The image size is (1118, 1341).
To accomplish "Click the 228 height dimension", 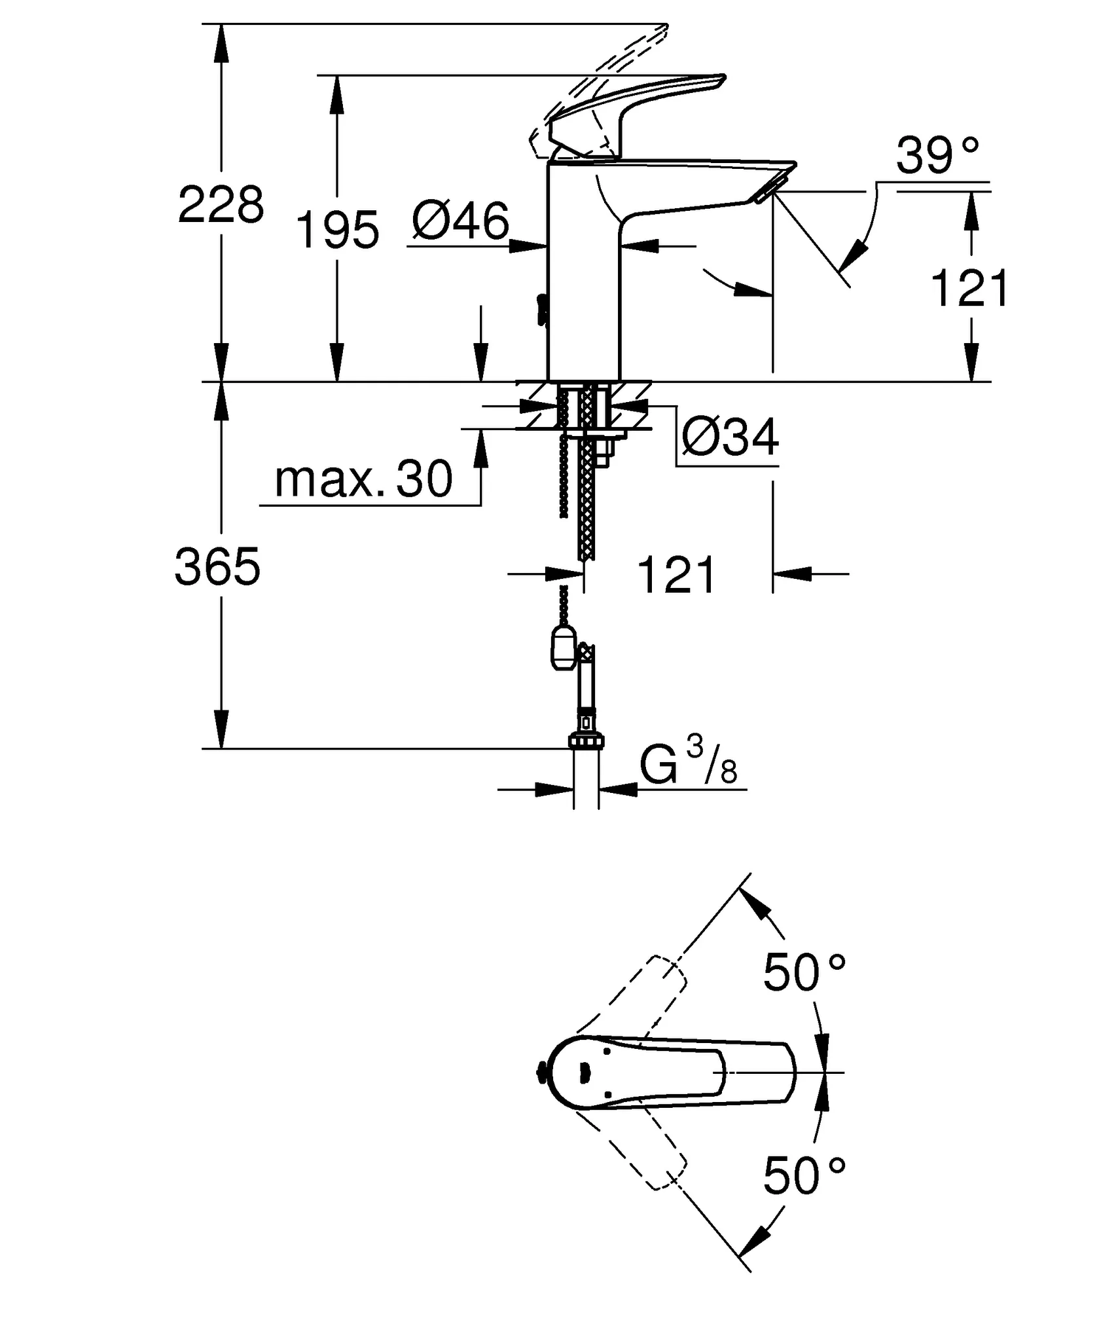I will point(221,204).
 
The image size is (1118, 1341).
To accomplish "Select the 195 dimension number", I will point(337,230).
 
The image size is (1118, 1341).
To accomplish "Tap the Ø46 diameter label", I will point(460,221).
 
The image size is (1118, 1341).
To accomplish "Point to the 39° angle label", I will point(937,156).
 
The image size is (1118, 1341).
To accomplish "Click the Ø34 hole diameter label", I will point(730,437).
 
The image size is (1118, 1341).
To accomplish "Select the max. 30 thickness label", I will point(363,479).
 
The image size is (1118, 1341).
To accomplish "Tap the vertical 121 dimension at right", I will point(969,288).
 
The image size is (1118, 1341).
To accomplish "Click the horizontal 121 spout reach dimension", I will point(676,575).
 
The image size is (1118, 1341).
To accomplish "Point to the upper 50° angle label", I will point(804,972).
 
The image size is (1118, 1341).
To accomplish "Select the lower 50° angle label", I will point(804,1175).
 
